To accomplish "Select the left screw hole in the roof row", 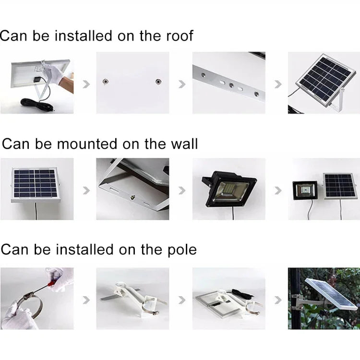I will [x=104, y=82].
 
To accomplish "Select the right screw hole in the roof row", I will [x=157, y=82].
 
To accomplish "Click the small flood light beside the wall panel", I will [x=305, y=192].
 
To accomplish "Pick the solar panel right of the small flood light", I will [x=340, y=186].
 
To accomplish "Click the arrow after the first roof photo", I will [x=86, y=84].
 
